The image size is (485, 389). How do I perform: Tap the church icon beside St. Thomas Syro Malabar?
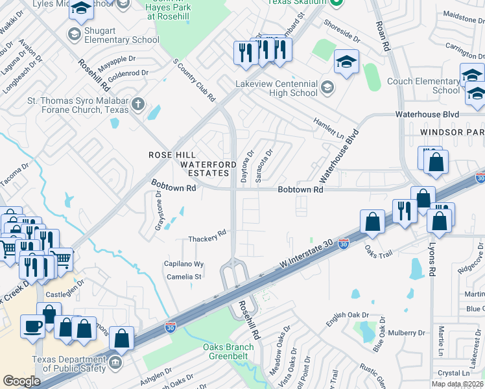(137, 104)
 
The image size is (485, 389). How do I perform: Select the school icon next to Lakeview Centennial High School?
(327, 87)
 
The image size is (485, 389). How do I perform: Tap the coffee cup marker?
(32, 325)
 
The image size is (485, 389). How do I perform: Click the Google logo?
(21, 381)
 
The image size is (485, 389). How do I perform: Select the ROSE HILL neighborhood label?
(171, 155)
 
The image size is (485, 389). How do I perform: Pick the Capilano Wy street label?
(183, 265)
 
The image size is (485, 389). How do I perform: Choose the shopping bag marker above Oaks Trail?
(373, 222)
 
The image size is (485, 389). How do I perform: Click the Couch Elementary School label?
(423, 86)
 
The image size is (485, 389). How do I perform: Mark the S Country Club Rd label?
(194, 82)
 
